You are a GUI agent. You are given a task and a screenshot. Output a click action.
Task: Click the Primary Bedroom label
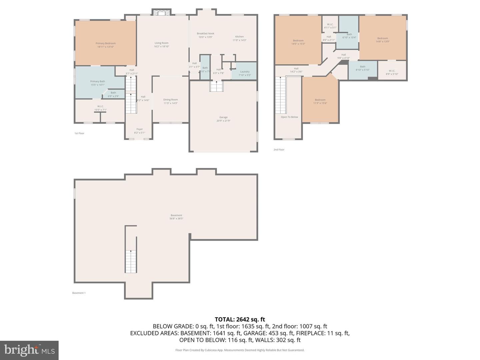105,43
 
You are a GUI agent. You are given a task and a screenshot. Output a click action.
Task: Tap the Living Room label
161,43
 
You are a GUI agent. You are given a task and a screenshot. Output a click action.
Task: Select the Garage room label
223,117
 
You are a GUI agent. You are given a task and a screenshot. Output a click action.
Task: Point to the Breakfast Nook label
205,33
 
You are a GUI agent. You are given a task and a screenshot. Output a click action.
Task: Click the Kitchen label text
239,37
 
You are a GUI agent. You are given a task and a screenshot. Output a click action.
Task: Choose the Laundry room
245,71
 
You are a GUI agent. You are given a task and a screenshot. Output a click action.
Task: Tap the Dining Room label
170,100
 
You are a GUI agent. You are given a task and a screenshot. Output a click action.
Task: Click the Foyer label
139,129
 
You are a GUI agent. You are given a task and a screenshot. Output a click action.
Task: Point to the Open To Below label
289,117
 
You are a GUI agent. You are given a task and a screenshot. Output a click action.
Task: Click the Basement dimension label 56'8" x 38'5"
176,219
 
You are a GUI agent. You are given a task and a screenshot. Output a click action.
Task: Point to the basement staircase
131,262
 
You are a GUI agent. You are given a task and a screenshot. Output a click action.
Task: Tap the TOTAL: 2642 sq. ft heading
240,320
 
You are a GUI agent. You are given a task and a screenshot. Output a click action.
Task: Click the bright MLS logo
29,350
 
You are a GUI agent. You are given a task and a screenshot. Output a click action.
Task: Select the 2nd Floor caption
279,150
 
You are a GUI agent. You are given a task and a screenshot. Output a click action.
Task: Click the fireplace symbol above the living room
162,13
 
